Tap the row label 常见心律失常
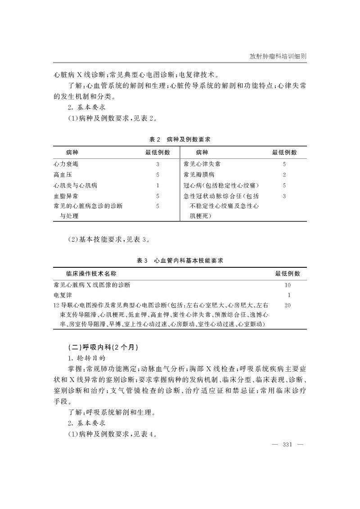coord(202,164)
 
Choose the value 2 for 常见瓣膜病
coord(284,175)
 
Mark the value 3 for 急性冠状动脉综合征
coord(284,196)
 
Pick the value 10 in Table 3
coord(288,285)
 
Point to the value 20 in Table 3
coord(288,305)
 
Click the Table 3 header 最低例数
coord(288,273)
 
